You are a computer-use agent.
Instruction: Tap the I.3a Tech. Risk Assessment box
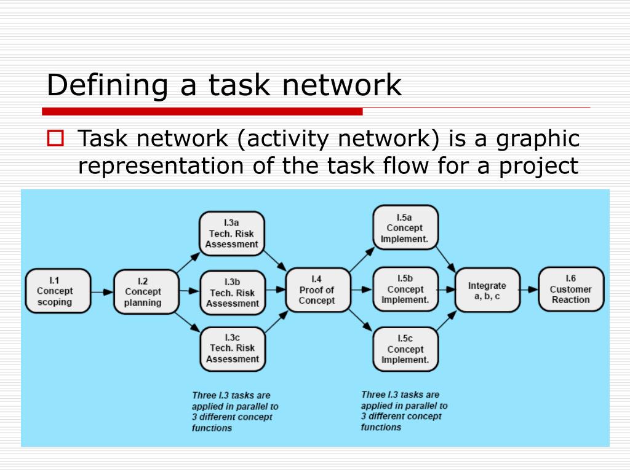[x=232, y=233]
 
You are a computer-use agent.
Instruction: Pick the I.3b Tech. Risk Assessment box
[x=233, y=292]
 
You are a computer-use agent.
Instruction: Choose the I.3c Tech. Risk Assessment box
[x=233, y=348]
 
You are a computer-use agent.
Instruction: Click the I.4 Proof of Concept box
[x=317, y=289]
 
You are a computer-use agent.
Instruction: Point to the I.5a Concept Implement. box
[x=405, y=228]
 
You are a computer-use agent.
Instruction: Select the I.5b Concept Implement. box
[x=405, y=289]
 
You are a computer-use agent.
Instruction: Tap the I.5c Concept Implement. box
[x=405, y=348]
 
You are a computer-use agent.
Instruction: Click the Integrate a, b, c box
[x=487, y=289]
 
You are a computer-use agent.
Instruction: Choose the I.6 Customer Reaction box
[x=571, y=289]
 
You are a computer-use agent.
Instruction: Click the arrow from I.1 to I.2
[x=102, y=291]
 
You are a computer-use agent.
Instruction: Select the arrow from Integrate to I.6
[x=528, y=289]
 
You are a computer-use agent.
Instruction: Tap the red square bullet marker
[x=56, y=138]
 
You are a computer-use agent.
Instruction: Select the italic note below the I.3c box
[x=235, y=411]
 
